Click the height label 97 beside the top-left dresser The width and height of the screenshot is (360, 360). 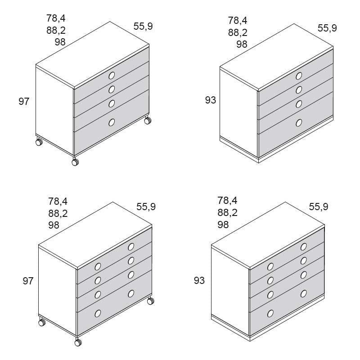(x=24, y=102)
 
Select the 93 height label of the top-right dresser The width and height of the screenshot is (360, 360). (x=211, y=100)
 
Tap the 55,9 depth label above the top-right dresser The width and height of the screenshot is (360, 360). (x=327, y=28)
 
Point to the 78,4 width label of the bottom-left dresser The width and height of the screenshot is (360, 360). (x=58, y=201)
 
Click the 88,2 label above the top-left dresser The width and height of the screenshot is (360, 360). (x=56, y=30)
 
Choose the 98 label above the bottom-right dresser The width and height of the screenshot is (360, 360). (x=223, y=225)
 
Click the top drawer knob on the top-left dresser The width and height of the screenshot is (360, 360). (x=112, y=76)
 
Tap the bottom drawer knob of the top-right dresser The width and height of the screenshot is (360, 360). (x=299, y=123)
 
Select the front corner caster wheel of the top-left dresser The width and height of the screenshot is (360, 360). (x=75, y=162)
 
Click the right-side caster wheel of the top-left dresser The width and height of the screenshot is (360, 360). (x=148, y=120)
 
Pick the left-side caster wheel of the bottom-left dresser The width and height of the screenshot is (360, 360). (x=42, y=322)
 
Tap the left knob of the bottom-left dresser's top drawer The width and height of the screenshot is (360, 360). (x=98, y=266)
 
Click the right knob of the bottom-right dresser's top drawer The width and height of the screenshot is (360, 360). (x=303, y=247)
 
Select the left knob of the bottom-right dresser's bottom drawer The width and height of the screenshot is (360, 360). (x=270, y=313)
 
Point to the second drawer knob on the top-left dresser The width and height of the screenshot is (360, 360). (x=112, y=89)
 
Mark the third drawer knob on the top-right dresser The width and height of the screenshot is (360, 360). (x=299, y=104)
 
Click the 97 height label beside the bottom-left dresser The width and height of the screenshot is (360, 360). (x=28, y=281)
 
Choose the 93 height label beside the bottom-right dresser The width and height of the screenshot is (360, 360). (x=199, y=280)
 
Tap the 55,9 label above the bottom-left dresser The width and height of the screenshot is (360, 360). (x=146, y=207)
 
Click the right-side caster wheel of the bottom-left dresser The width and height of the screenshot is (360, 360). (x=151, y=301)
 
